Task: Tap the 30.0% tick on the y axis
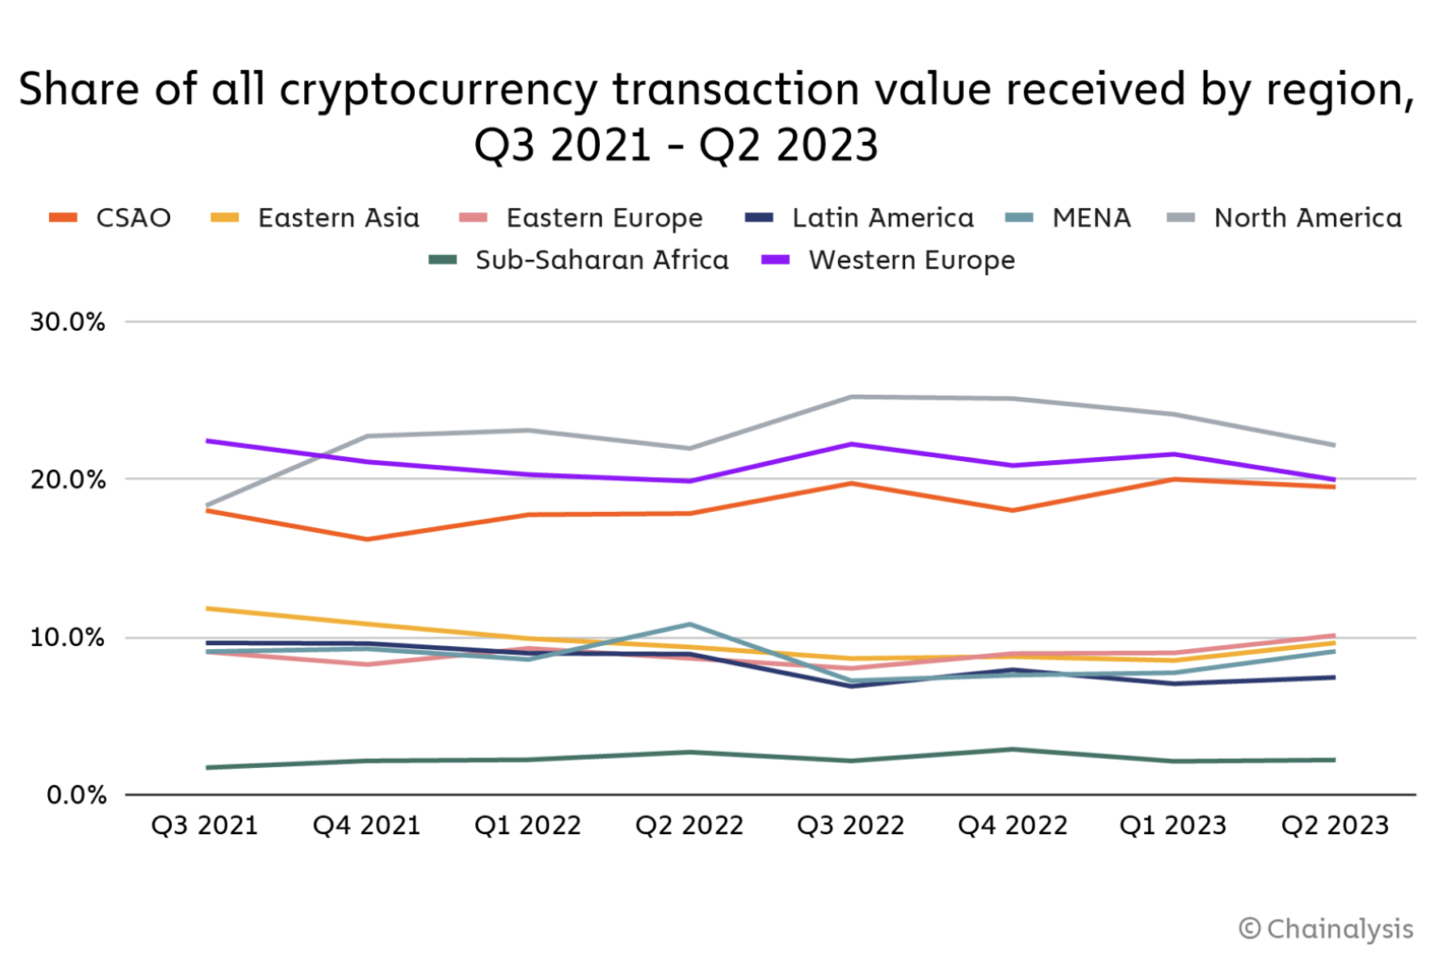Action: [x=67, y=322]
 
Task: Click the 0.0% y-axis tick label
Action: [x=76, y=795]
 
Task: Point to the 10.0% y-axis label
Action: [x=67, y=638]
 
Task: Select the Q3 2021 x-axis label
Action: [x=205, y=826]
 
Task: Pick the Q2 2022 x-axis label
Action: [x=690, y=826]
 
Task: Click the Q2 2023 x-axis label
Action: [x=1335, y=826]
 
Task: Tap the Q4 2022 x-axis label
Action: [x=1012, y=826]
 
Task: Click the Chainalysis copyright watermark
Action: [x=1326, y=929]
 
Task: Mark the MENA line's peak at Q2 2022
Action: [x=690, y=624]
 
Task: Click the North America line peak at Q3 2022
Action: [x=851, y=397]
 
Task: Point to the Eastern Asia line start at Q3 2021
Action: [x=206, y=608]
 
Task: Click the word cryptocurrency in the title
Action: [x=438, y=91]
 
